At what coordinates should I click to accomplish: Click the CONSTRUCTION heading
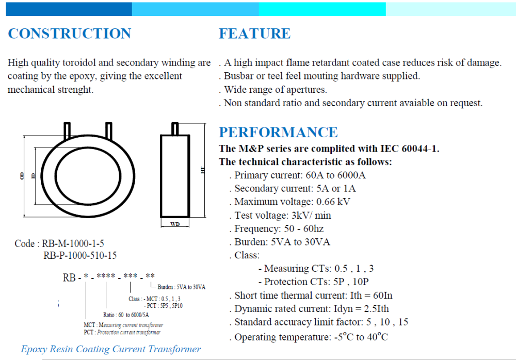pos(70,34)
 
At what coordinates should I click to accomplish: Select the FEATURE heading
pos(255,34)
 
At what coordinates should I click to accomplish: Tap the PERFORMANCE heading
pos(279,132)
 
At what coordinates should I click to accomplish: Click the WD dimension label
pos(175,224)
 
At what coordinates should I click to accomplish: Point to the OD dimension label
pos(22,176)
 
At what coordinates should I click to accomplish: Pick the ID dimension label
pos(33,176)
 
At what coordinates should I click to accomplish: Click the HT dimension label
pos(202,170)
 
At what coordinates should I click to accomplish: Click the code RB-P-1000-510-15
pos(80,255)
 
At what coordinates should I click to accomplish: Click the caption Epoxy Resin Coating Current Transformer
pos(111,349)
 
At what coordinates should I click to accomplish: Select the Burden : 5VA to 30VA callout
pos(181,287)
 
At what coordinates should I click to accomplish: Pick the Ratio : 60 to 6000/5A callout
pos(126,315)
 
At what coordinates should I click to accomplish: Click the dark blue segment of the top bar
pos(69,9)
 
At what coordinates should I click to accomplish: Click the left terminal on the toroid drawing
pos(67,130)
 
